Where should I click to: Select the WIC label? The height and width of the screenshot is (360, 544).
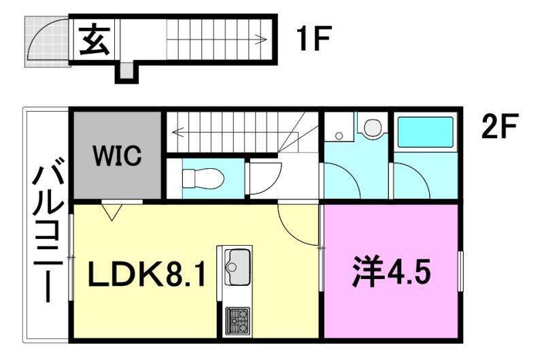(x=118, y=155)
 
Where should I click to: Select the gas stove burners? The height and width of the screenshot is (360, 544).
(x=237, y=318)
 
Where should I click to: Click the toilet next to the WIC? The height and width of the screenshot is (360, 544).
(x=202, y=178)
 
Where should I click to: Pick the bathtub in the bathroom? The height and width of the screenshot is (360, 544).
(x=424, y=133)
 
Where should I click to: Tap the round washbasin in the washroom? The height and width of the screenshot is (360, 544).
(x=371, y=127)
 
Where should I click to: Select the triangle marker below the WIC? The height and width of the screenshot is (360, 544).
(x=113, y=212)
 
